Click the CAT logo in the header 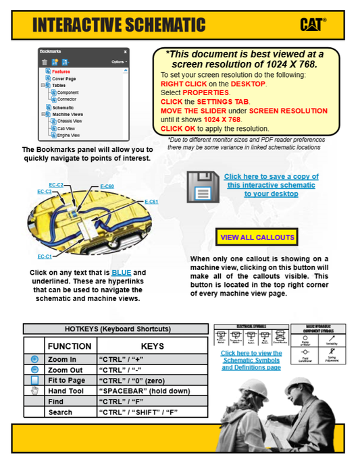tap(313, 24)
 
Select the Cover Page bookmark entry tap(64, 78)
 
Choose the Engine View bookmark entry tap(70, 135)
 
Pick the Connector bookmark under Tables tap(67, 99)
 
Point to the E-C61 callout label tap(151, 202)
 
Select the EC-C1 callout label tap(45, 256)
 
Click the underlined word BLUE tap(122, 272)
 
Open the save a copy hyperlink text tap(271, 185)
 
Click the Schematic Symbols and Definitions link tap(251, 360)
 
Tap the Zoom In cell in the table tap(62, 360)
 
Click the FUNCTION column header tap(69, 346)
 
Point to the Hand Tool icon tap(34, 391)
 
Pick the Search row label tap(60, 412)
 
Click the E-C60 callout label tap(107, 186)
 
